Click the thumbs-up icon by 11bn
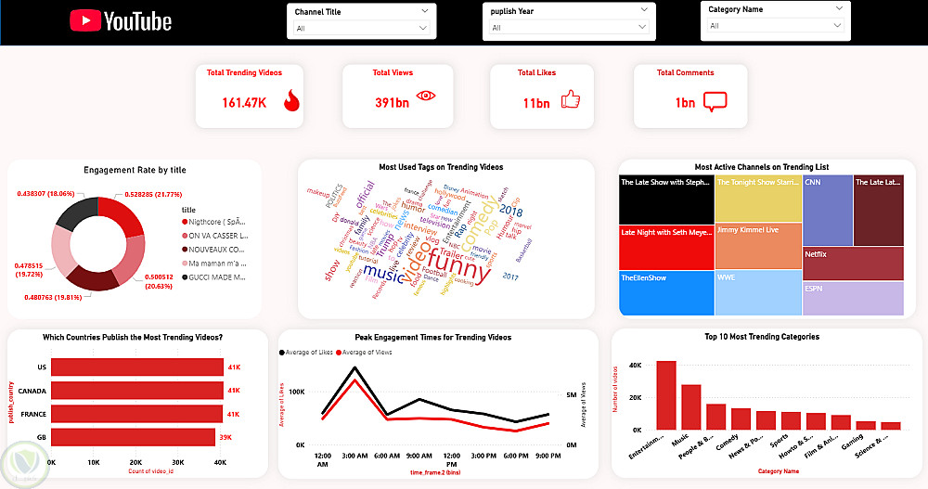(570, 99)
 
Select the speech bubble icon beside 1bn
(714, 102)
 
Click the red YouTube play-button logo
(85, 20)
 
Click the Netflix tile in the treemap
(852, 263)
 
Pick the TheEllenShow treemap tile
(665, 292)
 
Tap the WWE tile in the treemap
(757, 292)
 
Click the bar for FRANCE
(136, 413)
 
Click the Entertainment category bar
(665, 394)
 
